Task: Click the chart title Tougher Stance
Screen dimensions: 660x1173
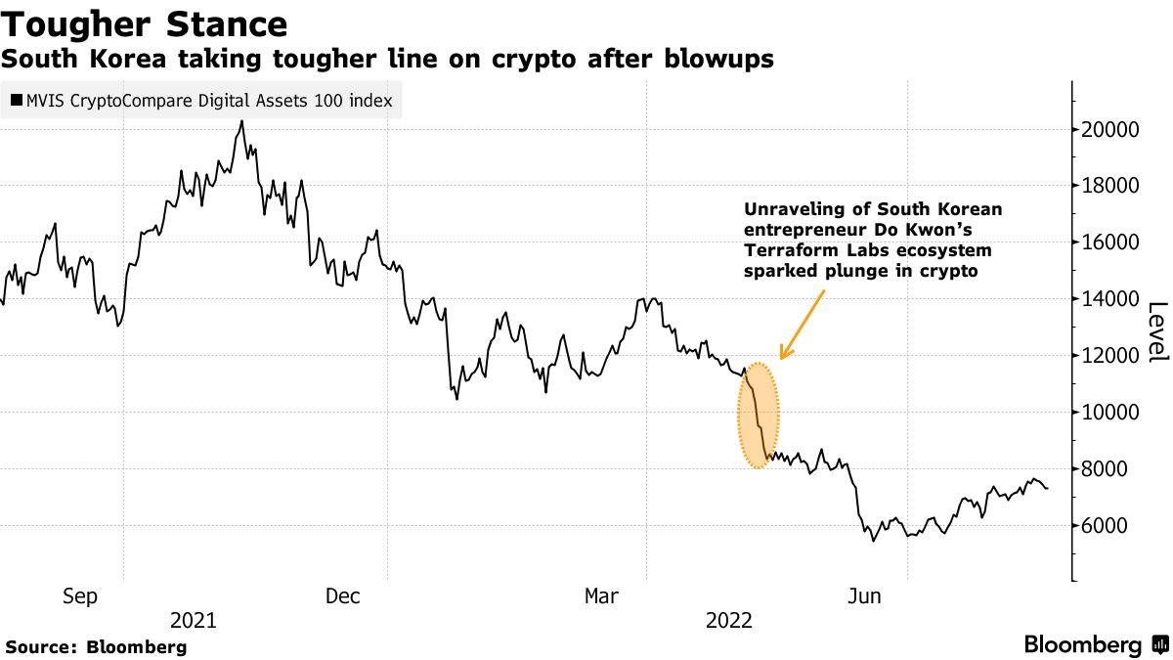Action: click(x=144, y=23)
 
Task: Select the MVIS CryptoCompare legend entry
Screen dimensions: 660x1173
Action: click(x=201, y=101)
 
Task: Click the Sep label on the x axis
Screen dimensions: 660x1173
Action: click(x=79, y=596)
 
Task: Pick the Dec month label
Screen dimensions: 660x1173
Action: click(x=344, y=596)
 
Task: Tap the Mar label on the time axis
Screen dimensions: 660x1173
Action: click(x=602, y=596)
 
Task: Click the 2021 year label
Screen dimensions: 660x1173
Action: click(x=194, y=620)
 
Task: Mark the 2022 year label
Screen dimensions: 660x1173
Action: click(x=728, y=620)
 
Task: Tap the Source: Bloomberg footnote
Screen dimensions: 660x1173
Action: click(x=96, y=647)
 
